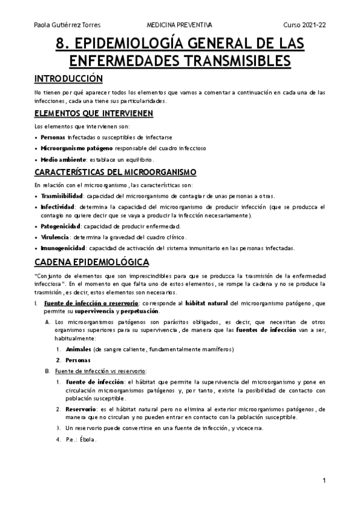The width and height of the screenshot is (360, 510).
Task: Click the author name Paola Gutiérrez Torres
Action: tap(67, 25)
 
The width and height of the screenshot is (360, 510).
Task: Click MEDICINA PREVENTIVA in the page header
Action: tap(179, 25)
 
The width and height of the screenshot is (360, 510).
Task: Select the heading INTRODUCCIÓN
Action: tap(69, 79)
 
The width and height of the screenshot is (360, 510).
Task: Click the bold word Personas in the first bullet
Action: tap(53, 138)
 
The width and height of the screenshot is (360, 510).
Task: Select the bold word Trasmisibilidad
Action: tap(63, 196)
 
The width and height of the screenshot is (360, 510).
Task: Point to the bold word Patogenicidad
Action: tap(60, 226)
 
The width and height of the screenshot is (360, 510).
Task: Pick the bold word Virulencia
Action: tap(54, 237)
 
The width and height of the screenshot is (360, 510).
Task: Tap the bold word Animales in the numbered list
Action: tap(78, 349)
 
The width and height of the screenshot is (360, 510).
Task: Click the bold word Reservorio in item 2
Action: tap(82, 408)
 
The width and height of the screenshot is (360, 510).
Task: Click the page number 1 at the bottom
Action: tap(324, 481)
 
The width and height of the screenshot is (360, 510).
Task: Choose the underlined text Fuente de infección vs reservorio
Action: tap(101, 371)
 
